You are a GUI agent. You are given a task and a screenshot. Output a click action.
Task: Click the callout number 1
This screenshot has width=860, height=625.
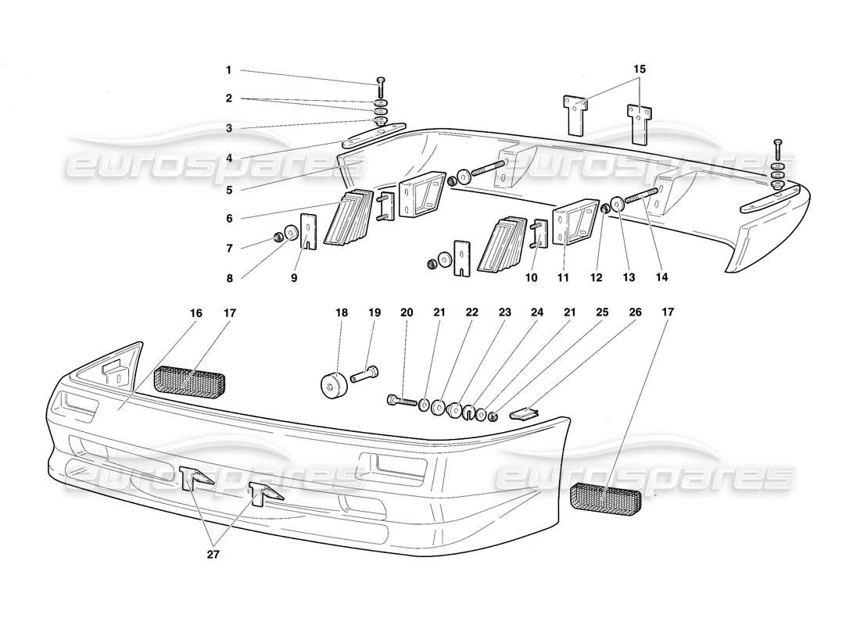(x=228, y=70)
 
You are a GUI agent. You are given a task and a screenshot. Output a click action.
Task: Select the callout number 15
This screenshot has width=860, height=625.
(x=640, y=70)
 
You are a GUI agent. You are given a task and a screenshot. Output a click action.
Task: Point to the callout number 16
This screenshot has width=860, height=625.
(x=195, y=312)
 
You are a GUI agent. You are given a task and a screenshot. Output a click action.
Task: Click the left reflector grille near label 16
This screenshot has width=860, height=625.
(x=190, y=380)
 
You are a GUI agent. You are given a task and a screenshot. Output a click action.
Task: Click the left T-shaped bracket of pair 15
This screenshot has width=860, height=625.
(x=575, y=112)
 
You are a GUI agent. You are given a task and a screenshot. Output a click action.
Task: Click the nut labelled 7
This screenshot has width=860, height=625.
(x=278, y=237)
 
